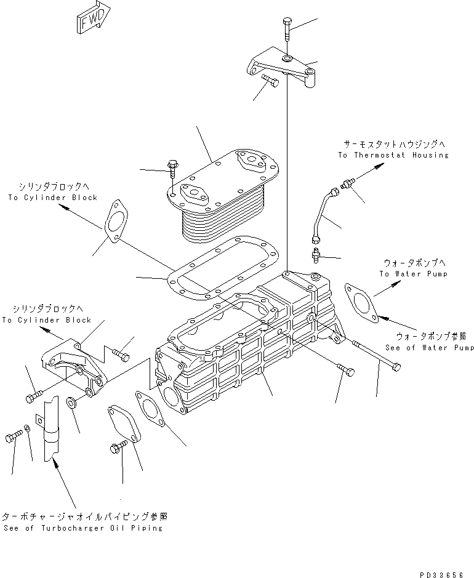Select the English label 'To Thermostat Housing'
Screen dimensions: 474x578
pos(393,155)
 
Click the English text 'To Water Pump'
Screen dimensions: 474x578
pos(414,274)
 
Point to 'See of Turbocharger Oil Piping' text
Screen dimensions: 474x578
pos(83,528)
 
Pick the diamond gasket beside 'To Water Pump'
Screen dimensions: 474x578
pos(361,303)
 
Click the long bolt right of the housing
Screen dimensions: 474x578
pos(377,356)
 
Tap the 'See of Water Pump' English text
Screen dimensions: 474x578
pos(430,347)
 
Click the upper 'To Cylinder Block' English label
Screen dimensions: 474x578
pos(53,198)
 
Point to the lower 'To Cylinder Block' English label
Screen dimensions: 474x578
pos(46,320)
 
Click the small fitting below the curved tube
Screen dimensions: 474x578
pos(315,255)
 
